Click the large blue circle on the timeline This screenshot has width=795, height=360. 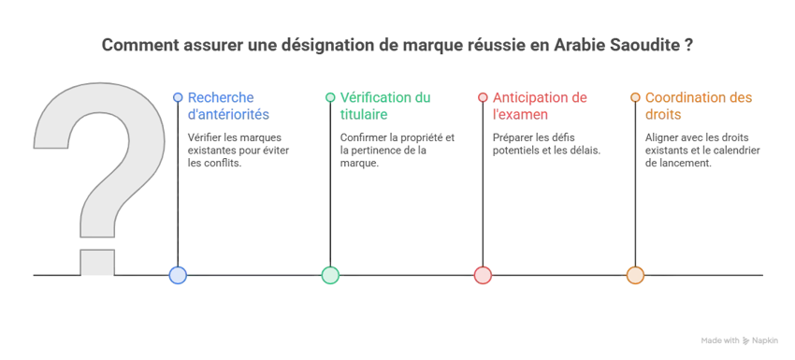(x=178, y=275)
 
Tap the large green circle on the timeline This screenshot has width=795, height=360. (x=330, y=275)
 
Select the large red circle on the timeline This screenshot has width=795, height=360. (x=483, y=275)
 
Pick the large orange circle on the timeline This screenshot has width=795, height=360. (x=635, y=275)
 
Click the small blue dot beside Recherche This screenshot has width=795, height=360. (x=178, y=97)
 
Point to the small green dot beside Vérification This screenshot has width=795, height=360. (x=330, y=97)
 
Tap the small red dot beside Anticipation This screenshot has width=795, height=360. (x=483, y=97)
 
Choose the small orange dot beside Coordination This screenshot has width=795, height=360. (x=635, y=97)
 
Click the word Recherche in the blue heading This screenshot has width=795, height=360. (x=221, y=97)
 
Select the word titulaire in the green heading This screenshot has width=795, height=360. (x=364, y=115)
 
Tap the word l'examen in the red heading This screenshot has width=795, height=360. (x=520, y=115)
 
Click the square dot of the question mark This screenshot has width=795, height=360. (x=97, y=262)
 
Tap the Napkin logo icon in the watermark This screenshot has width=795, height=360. (x=746, y=340)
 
